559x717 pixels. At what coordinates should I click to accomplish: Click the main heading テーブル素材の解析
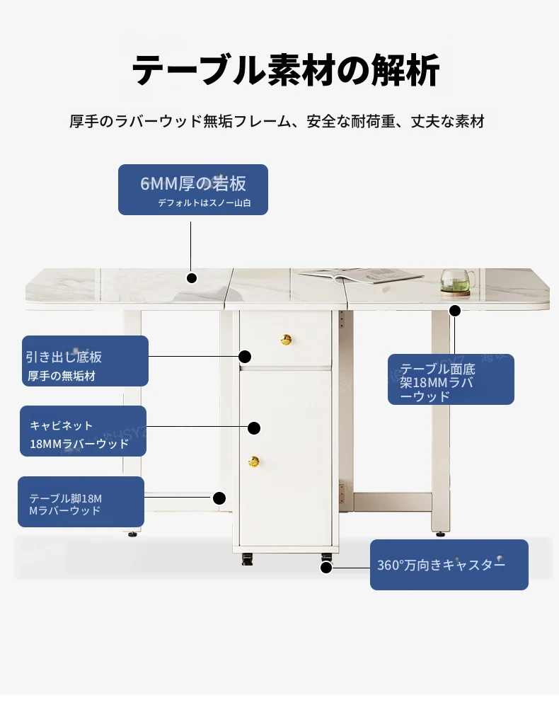286,71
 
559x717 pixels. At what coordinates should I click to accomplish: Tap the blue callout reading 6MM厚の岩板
193,189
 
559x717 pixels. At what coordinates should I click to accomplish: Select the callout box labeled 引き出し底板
85,361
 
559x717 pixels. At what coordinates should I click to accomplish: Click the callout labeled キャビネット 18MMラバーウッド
83,431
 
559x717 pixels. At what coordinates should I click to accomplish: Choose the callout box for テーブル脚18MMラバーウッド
81,502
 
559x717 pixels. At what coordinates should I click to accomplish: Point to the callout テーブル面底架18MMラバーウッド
451,379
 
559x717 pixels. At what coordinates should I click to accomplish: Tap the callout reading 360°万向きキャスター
449,565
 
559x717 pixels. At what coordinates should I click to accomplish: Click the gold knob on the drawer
287,340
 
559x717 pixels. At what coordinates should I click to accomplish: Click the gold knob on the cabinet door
254,461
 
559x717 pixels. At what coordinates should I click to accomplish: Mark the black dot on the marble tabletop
191,278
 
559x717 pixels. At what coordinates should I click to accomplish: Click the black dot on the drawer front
245,356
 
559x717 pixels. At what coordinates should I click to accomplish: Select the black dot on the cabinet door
254,428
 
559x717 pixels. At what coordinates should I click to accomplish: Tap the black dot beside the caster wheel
326,567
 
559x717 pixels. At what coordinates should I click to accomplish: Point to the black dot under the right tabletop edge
455,310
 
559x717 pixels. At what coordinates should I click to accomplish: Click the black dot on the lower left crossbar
219,498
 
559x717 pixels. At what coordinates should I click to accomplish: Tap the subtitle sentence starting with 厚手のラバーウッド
277,121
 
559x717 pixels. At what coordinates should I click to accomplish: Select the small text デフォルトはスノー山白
204,202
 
